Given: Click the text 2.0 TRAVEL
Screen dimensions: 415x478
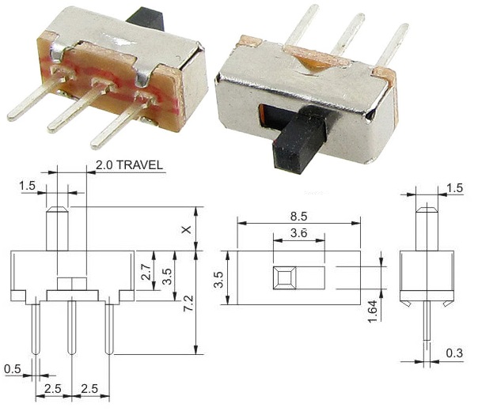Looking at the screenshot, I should click(129, 165).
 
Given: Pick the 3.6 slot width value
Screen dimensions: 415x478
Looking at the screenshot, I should click(298, 234).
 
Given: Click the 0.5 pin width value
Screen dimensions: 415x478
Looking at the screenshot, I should click(13, 368).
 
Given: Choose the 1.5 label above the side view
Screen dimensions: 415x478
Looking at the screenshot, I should click(455, 187).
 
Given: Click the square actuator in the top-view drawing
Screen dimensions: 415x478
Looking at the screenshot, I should click(284, 278).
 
